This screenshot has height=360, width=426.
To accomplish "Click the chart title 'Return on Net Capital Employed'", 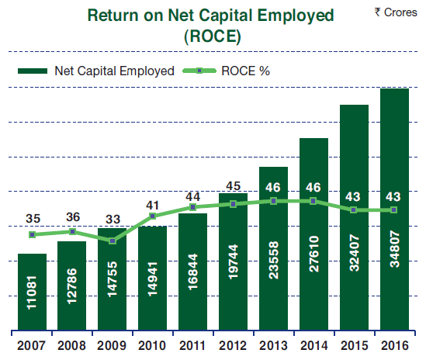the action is tap(210, 16).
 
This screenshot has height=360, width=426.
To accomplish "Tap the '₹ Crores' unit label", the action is tap(396, 12).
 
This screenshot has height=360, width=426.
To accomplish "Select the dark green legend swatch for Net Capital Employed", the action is tap(33, 71).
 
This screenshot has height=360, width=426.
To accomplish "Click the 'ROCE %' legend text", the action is tap(245, 71).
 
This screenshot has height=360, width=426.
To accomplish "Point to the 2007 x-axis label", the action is tap(31, 345).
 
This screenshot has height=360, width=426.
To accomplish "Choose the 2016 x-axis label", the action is tap(395, 345).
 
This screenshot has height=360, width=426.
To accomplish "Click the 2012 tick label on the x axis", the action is tap(233, 345).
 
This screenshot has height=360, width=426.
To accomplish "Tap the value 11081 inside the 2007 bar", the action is tap(32, 292).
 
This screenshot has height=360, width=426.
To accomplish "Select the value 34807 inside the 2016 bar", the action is tap(394, 249).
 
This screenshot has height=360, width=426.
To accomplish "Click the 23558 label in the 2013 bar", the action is tap(273, 260).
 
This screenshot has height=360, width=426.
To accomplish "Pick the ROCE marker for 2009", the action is tap(113, 241).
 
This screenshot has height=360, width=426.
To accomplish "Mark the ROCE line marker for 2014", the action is tap(313, 201).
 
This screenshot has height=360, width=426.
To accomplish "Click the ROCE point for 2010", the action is tap(153, 216).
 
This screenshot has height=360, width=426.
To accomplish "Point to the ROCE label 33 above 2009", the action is tap(113, 220).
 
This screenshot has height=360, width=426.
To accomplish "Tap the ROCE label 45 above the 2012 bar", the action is tap(233, 186).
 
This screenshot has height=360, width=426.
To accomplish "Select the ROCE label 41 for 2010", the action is tap(152, 206).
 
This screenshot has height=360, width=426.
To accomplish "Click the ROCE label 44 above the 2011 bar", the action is tap(193, 197).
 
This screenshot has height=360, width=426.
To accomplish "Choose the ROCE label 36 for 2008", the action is tap(73, 217).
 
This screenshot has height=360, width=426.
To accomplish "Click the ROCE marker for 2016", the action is tap(393, 209).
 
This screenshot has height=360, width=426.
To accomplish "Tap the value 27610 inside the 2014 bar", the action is tap(313, 254).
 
